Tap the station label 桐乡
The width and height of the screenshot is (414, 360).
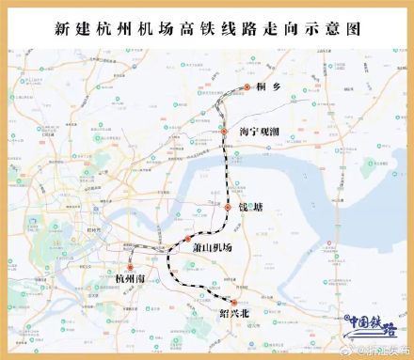pos(268,86)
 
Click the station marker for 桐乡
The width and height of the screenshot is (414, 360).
pos(247,86)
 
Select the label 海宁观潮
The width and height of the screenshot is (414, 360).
pos(260,133)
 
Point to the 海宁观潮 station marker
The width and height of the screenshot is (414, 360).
pos(225,133)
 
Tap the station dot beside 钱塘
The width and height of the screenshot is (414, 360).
pos(229,206)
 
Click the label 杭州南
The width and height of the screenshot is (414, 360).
pos(124,280)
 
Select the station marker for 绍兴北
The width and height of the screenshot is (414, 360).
pos(233,301)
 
